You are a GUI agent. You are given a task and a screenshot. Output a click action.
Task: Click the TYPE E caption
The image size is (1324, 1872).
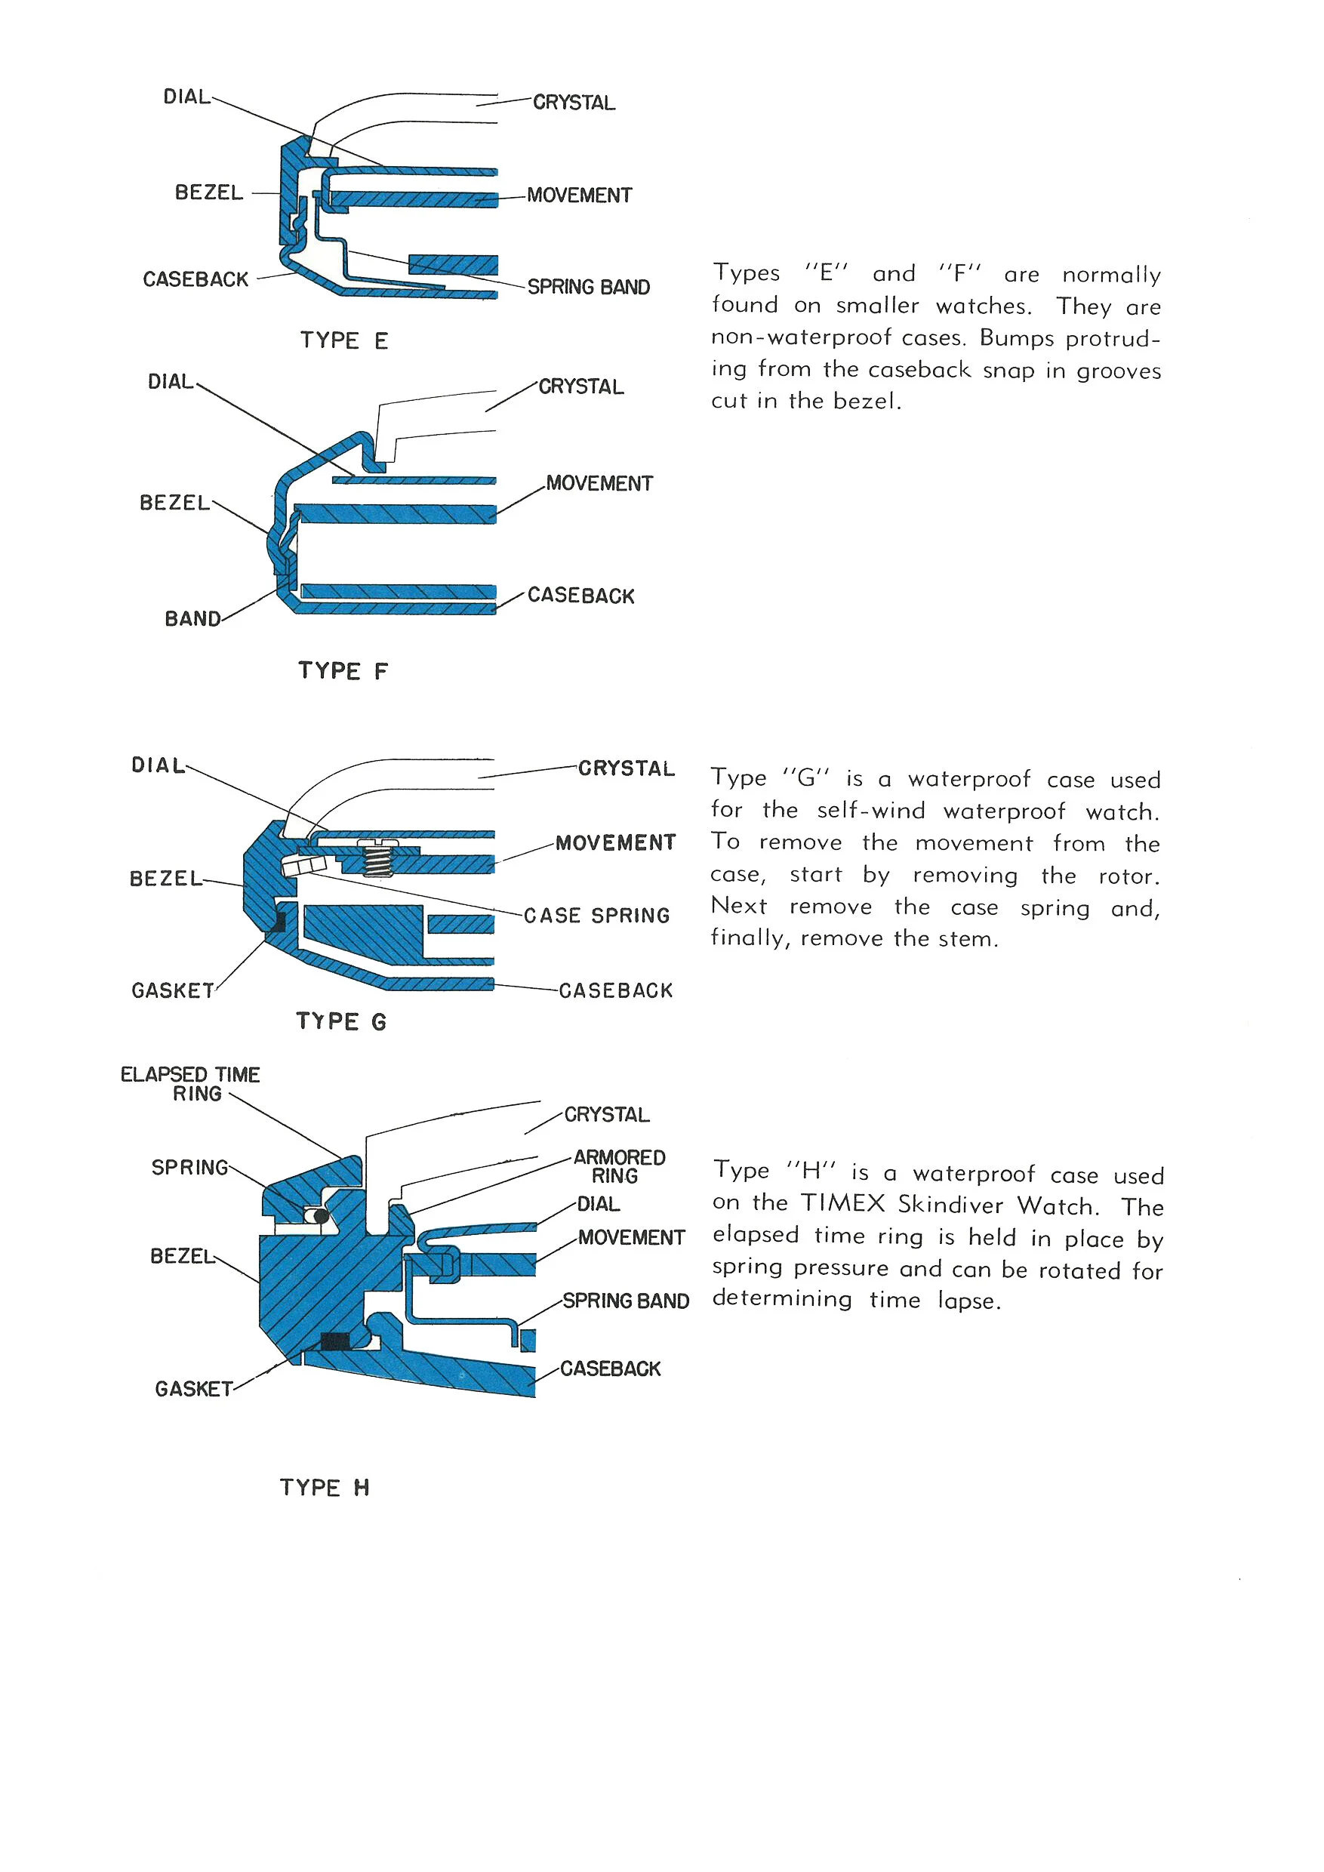[x=343, y=340]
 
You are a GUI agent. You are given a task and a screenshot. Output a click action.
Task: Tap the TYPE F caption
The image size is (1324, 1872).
[x=343, y=670]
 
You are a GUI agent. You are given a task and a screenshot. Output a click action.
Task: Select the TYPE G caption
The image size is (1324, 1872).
[x=340, y=1021]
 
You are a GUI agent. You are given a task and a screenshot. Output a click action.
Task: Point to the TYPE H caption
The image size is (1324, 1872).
[x=325, y=1487]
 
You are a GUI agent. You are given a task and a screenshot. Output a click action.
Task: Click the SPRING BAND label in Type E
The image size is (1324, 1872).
[x=588, y=287]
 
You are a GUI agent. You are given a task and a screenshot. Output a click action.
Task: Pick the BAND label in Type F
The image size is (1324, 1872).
[x=192, y=619]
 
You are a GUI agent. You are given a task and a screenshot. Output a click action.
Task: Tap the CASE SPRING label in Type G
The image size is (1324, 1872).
[x=596, y=916]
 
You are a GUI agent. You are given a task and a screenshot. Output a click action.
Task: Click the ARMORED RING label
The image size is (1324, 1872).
[x=619, y=1166]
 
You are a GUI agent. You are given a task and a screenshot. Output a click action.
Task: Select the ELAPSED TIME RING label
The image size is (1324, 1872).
[x=190, y=1084]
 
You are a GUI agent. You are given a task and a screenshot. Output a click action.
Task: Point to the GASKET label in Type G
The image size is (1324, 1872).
[x=173, y=990]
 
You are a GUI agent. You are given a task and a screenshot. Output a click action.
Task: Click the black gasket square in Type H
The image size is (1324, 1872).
[x=335, y=1341]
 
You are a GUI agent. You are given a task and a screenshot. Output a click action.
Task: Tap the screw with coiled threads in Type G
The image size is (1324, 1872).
[x=377, y=857]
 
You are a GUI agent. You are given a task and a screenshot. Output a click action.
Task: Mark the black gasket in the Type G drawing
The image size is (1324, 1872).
[x=277, y=922]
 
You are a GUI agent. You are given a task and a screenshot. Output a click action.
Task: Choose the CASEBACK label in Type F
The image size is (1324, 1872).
[x=580, y=596]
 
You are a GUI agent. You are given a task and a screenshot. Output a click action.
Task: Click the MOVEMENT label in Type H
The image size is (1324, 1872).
[x=631, y=1238]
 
